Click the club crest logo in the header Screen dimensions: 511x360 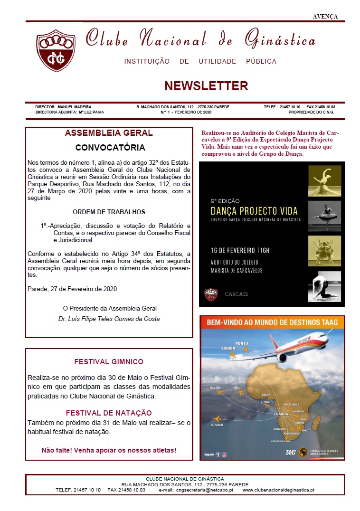tap(56, 50)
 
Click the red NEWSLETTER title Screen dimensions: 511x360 tap(206, 86)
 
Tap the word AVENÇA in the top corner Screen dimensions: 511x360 tap(325, 16)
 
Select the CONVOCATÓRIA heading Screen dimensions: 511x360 tap(110, 148)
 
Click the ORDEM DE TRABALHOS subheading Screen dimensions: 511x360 tap(109, 212)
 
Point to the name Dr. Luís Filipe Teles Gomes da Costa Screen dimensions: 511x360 tap(109, 319)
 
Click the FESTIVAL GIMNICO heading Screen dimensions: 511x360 tap(109, 362)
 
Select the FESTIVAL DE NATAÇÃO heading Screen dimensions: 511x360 tap(109, 413)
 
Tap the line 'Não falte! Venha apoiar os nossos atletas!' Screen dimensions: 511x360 tap(109, 450)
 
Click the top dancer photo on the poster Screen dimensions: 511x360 tap(324, 181)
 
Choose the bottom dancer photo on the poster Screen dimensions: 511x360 tap(324, 286)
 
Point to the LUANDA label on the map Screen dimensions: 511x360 tap(281, 414)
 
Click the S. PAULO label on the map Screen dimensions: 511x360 tap(217, 425)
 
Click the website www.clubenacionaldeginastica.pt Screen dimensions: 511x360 tap(278, 490)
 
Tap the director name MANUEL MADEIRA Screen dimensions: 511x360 tap(74, 107)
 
